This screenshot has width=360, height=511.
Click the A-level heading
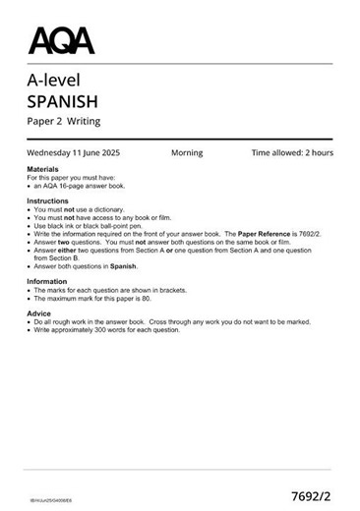54,81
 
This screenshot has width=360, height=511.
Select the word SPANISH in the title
64,101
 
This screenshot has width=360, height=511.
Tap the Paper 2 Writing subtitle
64,122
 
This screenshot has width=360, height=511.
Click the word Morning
187,153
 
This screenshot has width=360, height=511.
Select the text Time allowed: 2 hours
292,153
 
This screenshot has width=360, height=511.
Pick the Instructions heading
48,199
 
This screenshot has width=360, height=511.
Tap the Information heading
48,282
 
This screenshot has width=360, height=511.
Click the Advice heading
39,313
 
